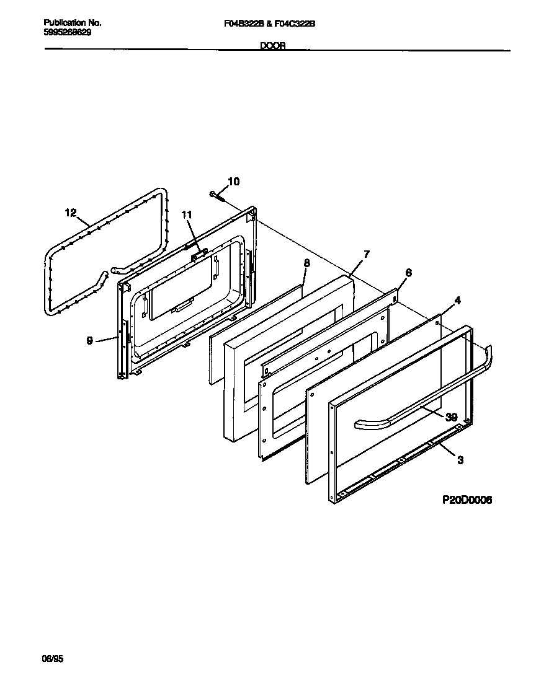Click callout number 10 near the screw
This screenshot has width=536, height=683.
[233, 182]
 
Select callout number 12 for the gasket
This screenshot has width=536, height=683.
[71, 213]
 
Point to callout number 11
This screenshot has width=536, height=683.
[187, 215]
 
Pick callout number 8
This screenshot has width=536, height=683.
[306, 263]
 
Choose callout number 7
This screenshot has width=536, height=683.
[366, 254]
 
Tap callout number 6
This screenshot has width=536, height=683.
[408, 273]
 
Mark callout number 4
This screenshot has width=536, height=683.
[457, 301]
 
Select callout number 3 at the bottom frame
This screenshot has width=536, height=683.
[460, 460]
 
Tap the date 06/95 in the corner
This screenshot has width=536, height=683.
[53, 659]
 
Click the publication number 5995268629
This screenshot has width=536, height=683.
[68, 32]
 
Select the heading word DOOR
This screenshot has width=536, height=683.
[272, 46]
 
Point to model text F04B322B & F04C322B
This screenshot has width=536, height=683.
[269, 24]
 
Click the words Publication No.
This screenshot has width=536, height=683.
[73, 23]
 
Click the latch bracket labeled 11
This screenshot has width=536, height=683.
[199, 252]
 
